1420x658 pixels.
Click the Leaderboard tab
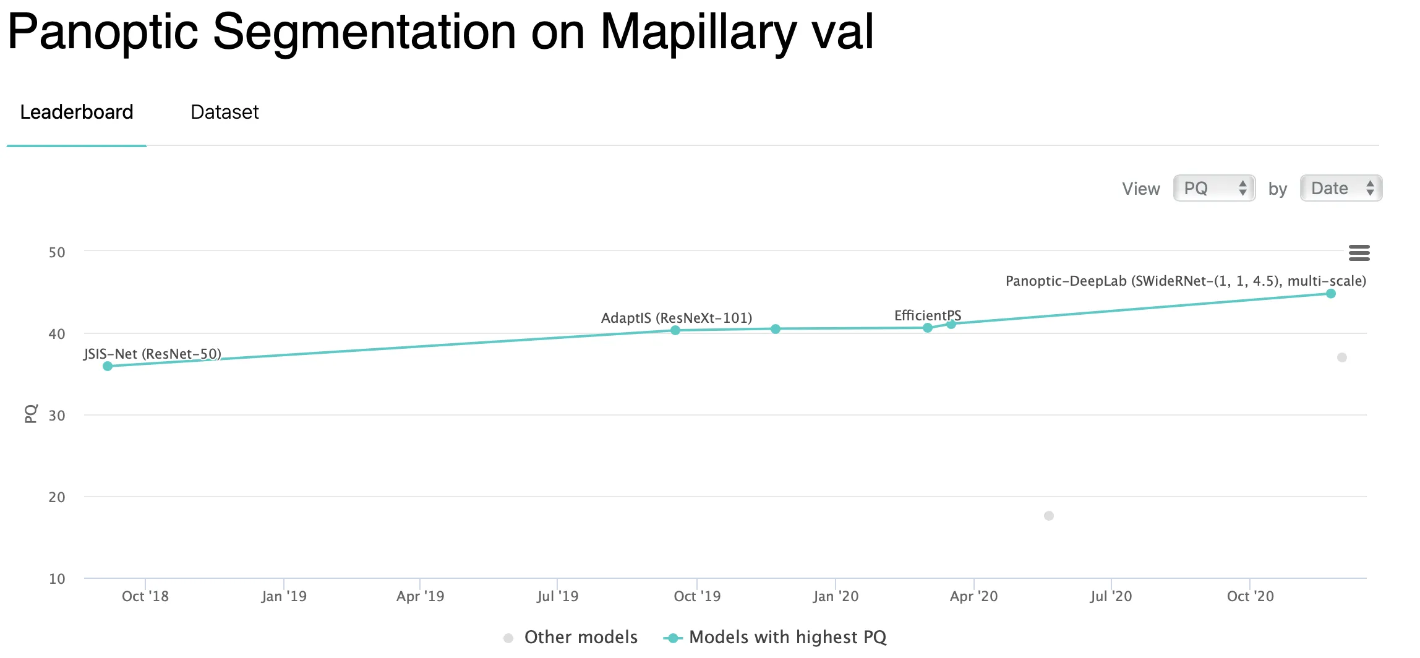coord(77,112)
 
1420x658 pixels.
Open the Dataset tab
coord(225,112)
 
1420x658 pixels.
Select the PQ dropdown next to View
coord(1213,188)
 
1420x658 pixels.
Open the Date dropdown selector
coord(1340,188)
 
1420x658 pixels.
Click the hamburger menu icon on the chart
coord(1359,252)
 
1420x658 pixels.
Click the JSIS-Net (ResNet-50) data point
coord(108,366)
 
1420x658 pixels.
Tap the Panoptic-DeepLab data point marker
coord(1331,294)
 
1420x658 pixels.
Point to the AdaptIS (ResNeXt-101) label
coord(677,318)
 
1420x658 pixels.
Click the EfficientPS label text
coord(927,315)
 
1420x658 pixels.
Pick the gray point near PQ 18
coord(1049,516)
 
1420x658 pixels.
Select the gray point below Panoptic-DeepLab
coord(1342,357)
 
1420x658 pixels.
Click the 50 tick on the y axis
coord(57,252)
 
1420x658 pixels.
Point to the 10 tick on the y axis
coord(57,579)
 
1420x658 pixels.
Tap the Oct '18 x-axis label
coord(145,596)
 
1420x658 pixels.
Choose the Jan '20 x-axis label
coord(836,596)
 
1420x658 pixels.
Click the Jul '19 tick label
coord(558,596)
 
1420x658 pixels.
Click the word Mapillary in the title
coord(698,32)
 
